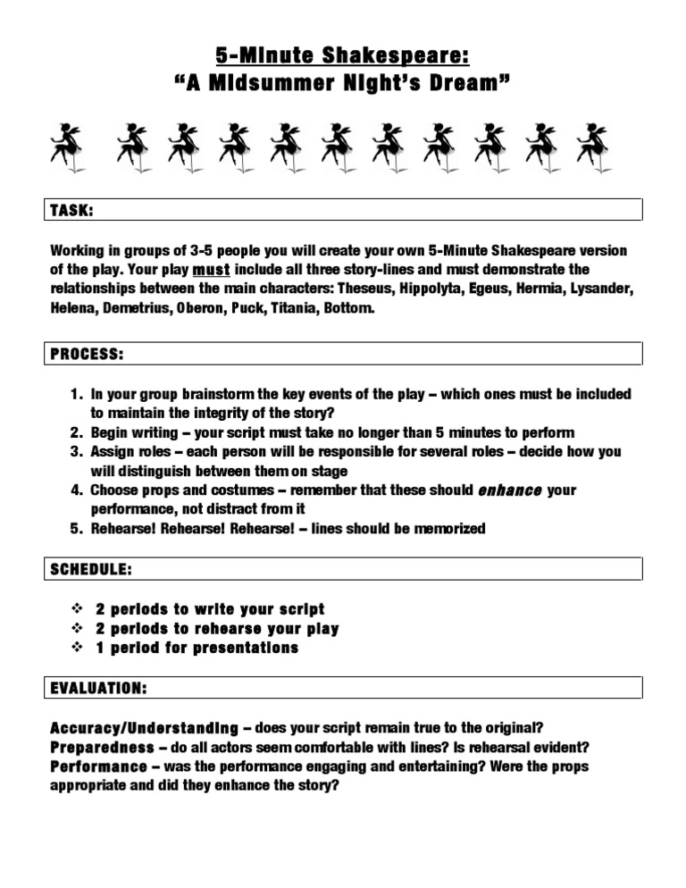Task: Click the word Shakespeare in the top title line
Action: coord(396,56)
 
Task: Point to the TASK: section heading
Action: coord(72,210)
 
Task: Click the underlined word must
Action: coord(211,269)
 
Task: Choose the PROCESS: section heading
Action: coord(87,355)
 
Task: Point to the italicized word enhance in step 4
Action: coord(510,490)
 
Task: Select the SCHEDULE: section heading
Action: coord(91,569)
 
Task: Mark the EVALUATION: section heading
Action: coord(99,688)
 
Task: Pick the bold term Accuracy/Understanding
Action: coord(145,728)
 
